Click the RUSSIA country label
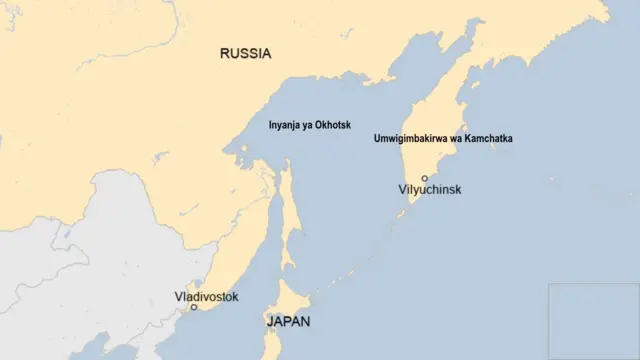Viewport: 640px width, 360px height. pos(245,53)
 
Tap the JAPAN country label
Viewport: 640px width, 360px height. pos(288,322)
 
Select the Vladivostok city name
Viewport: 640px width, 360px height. pos(206,296)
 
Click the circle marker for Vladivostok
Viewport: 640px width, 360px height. pos(194,307)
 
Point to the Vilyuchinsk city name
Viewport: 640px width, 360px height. pos(430,189)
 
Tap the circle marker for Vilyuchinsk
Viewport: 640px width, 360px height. pos(424,178)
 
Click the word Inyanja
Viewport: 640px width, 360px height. pos(285,126)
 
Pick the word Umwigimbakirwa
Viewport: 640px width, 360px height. pos(408,139)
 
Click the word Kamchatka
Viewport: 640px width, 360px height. pos(487,139)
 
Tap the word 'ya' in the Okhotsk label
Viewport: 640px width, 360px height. pos(309,126)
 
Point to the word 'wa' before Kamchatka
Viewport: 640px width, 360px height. pos(454,139)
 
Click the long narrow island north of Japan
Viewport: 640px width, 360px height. pos(288,215)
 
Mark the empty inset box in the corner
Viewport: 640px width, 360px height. pos(593,321)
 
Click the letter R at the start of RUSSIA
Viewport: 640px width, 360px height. pos(225,53)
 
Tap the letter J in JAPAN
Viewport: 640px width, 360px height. pos(269,322)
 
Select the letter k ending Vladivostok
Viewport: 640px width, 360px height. pos(235,296)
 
